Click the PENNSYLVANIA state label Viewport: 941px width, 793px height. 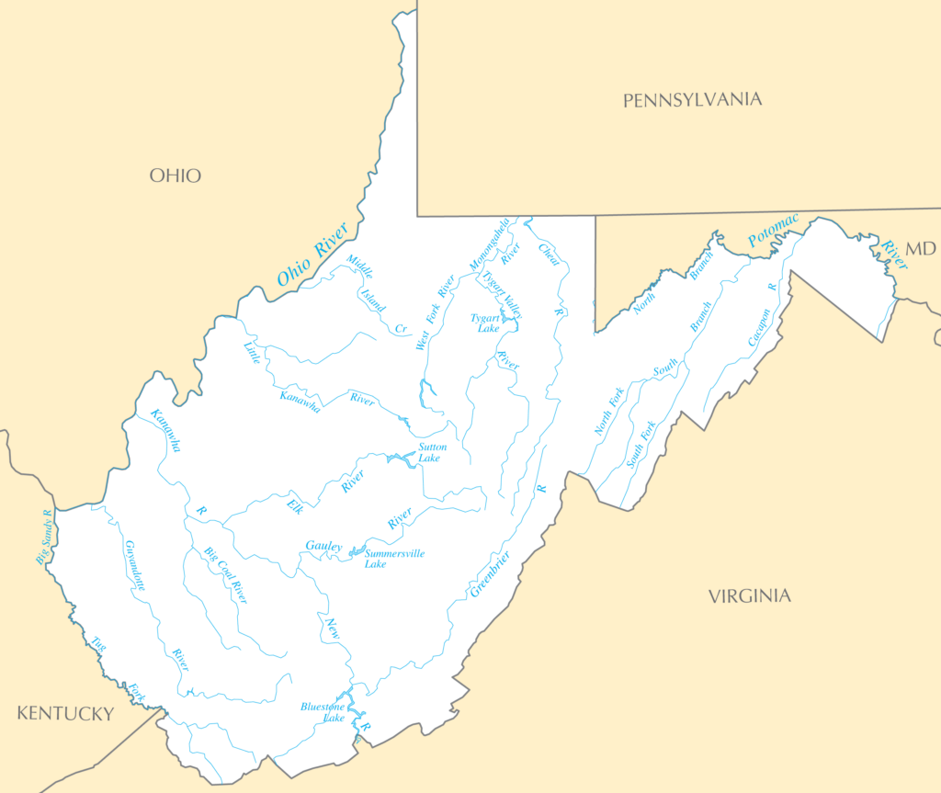(692, 100)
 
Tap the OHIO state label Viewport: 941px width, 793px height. (175, 176)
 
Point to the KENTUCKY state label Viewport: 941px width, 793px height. (66, 714)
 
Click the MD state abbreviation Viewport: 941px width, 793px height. (919, 249)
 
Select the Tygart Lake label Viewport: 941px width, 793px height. (485, 323)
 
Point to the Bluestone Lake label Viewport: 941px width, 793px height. (323, 711)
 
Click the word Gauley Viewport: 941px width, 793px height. (323, 547)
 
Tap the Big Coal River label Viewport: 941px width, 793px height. (226, 575)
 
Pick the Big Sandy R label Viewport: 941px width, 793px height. (44, 538)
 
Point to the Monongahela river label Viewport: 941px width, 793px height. (489, 245)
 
